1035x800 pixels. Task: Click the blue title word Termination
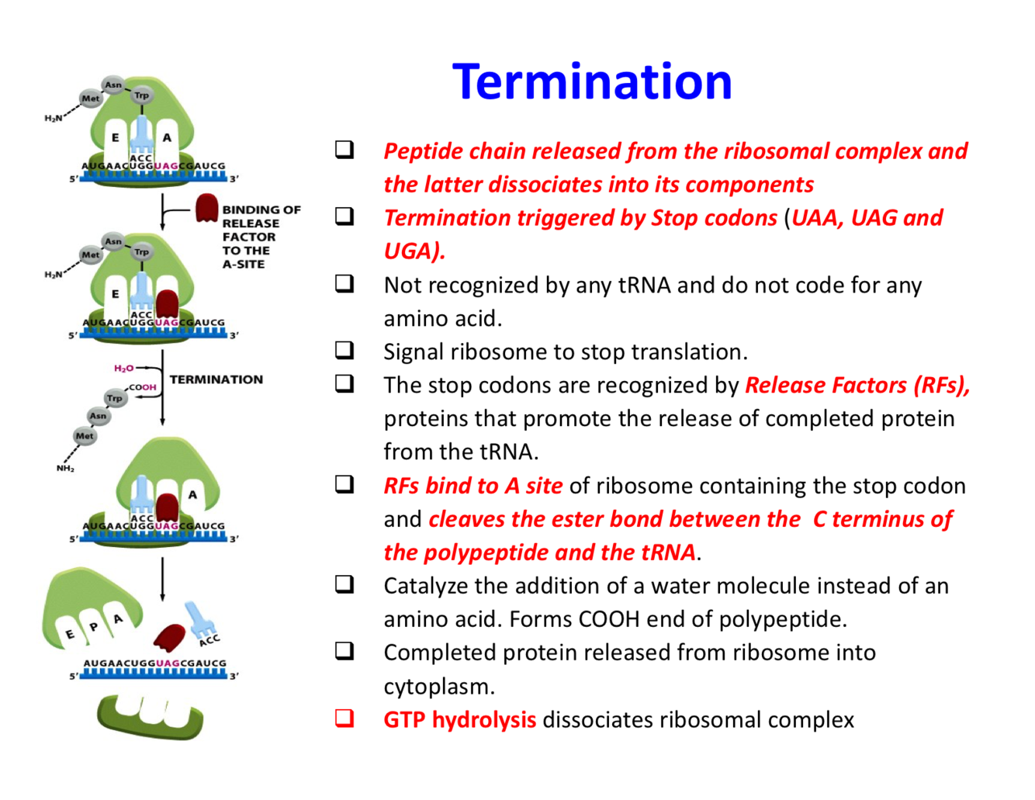pyautogui.click(x=592, y=81)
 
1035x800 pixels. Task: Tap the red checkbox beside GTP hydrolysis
pyautogui.click(x=344, y=719)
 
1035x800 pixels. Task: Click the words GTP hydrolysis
pyautogui.click(x=459, y=720)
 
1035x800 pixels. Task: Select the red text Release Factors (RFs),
pyautogui.click(x=857, y=385)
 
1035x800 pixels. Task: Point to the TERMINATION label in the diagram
pyautogui.click(x=216, y=379)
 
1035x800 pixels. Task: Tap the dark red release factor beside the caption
pyautogui.click(x=206, y=208)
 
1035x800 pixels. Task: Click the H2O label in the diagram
pyautogui.click(x=124, y=369)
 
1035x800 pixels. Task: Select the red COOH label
pyautogui.click(x=143, y=387)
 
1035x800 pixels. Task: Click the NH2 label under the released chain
pyautogui.click(x=65, y=469)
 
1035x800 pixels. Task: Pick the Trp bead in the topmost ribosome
pyautogui.click(x=141, y=95)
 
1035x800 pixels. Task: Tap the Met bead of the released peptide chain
pyautogui.click(x=84, y=436)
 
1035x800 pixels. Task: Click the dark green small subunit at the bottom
pyautogui.click(x=150, y=715)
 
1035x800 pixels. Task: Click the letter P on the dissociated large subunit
pyautogui.click(x=94, y=627)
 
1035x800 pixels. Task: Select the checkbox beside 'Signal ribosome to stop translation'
pyautogui.click(x=344, y=350)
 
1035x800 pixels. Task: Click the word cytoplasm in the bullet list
pyautogui.click(x=438, y=687)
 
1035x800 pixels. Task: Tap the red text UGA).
pyautogui.click(x=414, y=251)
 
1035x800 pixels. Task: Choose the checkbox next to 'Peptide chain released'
pyautogui.click(x=344, y=149)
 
